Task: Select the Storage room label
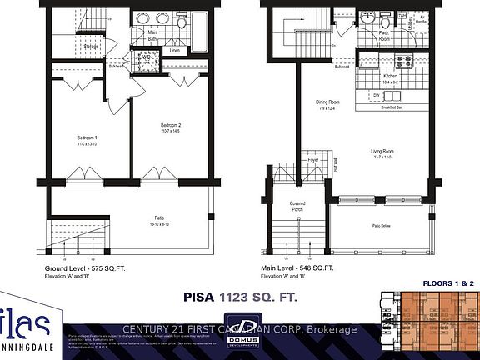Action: (91, 47)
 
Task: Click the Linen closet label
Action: (175, 51)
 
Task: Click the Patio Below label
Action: (381, 226)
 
